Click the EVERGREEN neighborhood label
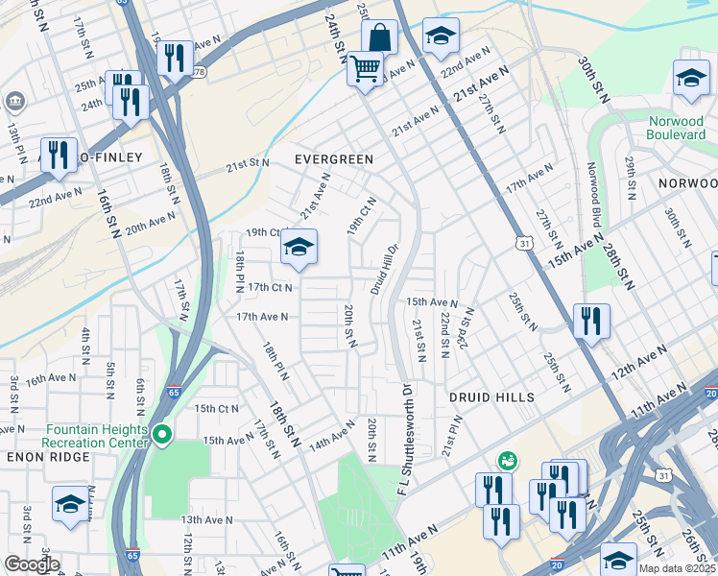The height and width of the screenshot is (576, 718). click(333, 158)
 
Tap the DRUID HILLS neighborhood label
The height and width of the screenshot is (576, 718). click(489, 396)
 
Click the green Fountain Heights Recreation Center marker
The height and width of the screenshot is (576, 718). click(162, 435)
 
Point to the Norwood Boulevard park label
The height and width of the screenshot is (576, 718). click(676, 128)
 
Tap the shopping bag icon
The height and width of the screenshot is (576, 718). click(380, 38)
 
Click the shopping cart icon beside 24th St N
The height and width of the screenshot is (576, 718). click(365, 69)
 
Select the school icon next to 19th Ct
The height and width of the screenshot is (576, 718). click(299, 249)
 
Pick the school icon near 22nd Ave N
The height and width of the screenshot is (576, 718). click(441, 36)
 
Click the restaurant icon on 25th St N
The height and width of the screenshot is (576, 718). click(591, 320)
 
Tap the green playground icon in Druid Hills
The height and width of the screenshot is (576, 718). click(507, 462)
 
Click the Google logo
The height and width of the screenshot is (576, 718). click(31, 564)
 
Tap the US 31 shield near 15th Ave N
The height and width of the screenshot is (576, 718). click(525, 247)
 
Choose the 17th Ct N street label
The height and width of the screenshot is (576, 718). click(270, 287)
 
